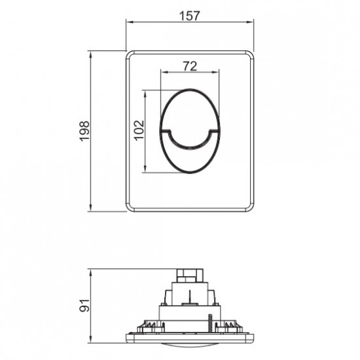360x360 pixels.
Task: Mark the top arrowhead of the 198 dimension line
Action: point(90,51)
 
